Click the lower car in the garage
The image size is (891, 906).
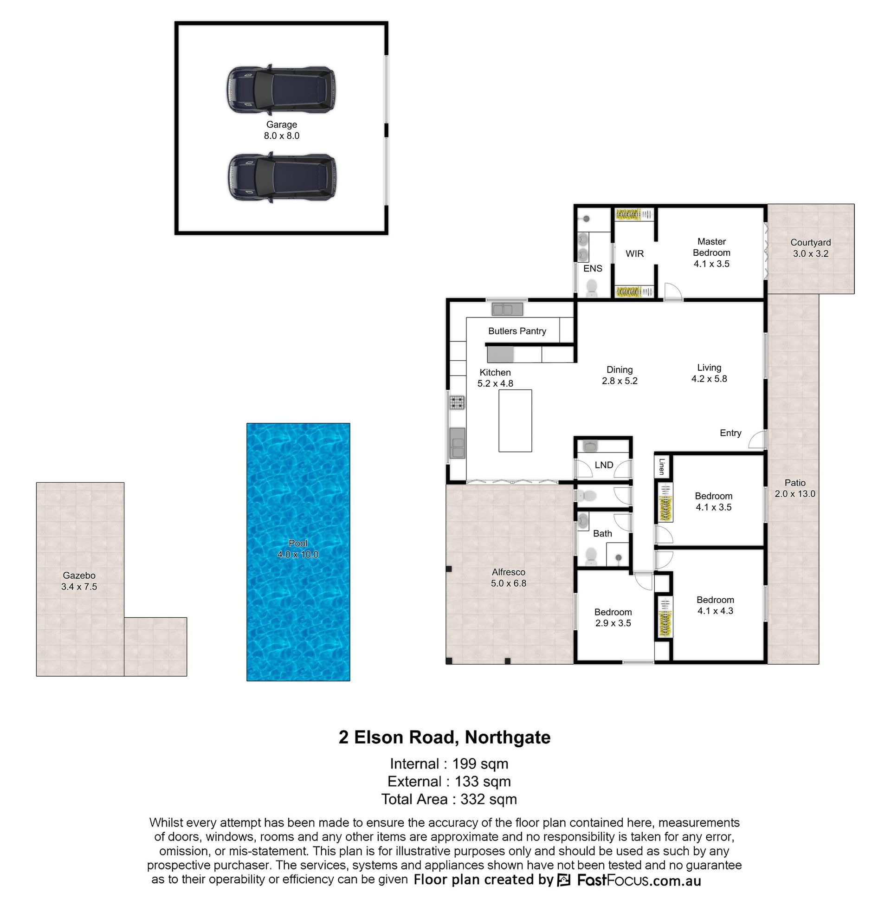click(x=282, y=177)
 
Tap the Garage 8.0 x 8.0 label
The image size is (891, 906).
click(x=282, y=130)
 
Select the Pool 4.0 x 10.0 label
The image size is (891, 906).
click(x=298, y=549)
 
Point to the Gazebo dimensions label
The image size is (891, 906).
click(x=79, y=587)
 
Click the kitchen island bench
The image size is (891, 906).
click(x=515, y=421)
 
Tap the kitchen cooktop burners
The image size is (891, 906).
click(x=458, y=402)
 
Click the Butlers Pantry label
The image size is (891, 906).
click(x=517, y=331)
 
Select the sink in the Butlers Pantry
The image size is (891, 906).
click(x=507, y=309)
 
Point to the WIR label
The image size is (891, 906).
click(x=634, y=253)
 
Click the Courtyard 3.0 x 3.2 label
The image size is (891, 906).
click(x=811, y=248)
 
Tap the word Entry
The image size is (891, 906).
click(x=730, y=434)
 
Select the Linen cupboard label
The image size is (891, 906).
click(x=662, y=466)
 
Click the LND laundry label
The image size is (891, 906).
click(x=604, y=465)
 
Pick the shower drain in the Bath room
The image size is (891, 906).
click(x=619, y=557)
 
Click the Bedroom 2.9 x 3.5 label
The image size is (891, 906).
click(x=613, y=618)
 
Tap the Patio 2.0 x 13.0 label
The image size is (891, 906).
click(x=795, y=488)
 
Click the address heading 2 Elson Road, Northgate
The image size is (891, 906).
click(x=445, y=737)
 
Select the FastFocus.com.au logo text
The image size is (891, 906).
click(x=639, y=880)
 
